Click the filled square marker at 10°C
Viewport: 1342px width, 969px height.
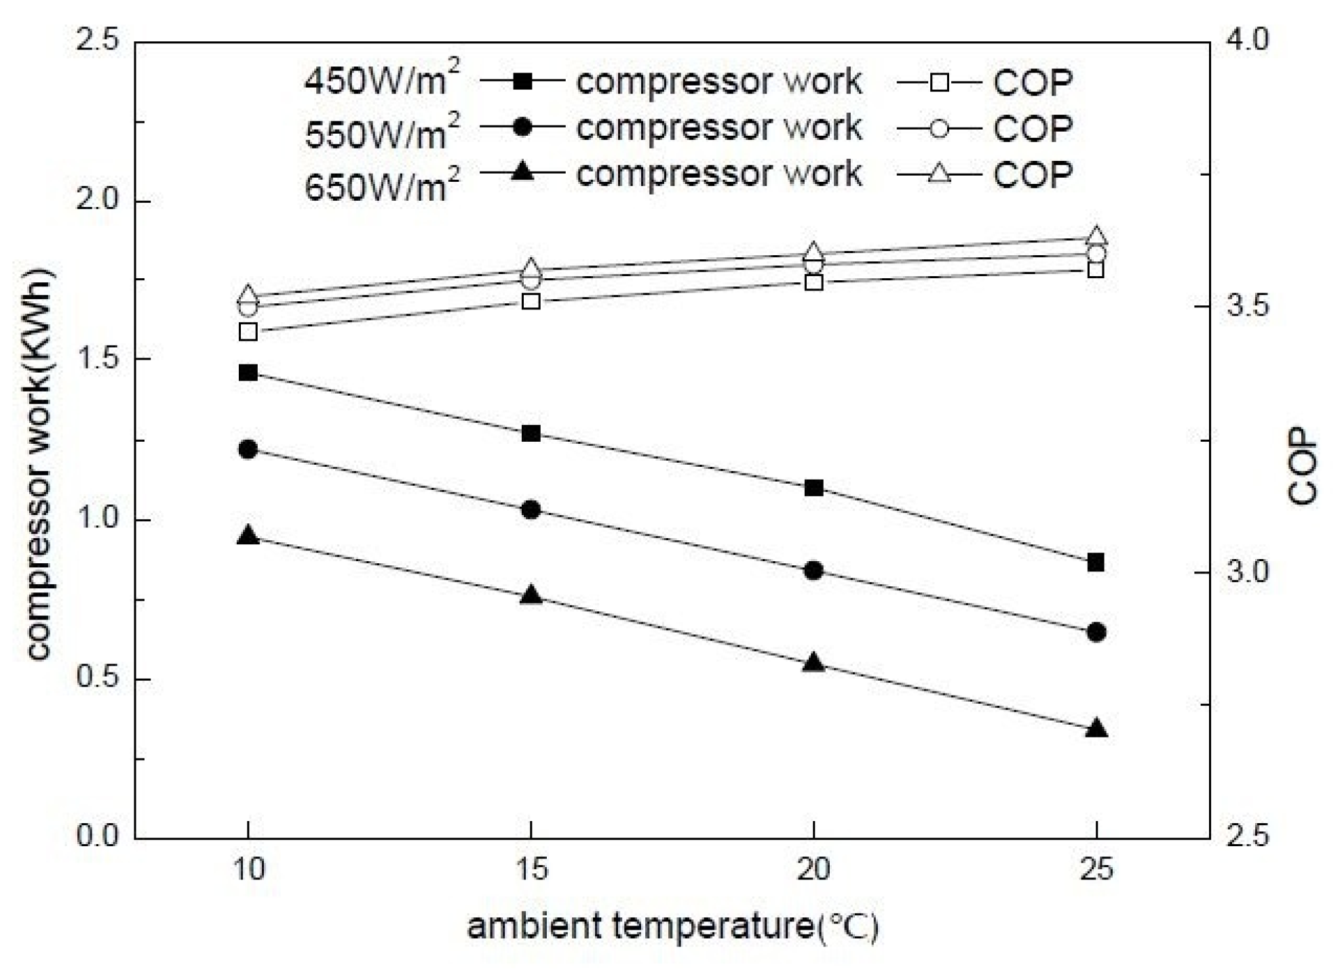(248, 373)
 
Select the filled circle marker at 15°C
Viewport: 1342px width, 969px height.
(531, 510)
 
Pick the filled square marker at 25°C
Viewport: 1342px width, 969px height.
(1096, 563)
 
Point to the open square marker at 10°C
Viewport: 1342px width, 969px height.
(248, 332)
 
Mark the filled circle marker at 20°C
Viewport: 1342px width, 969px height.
(813, 570)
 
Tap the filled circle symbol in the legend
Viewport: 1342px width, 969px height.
(522, 127)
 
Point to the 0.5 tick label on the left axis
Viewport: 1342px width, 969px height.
(98, 677)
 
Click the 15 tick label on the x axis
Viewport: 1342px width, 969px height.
(531, 869)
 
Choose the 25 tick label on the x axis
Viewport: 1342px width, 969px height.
(1096, 869)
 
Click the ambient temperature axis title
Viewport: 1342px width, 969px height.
(672, 927)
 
